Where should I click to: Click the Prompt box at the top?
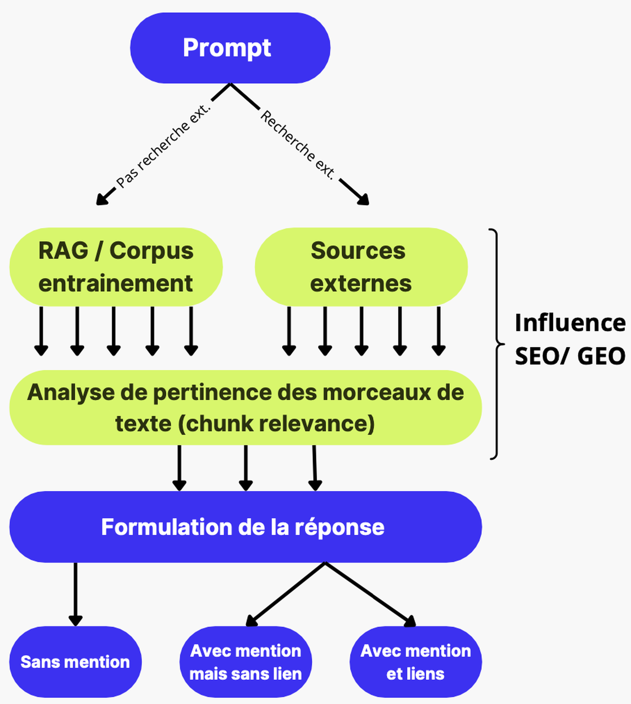(230, 48)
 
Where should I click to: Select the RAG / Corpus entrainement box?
(116, 267)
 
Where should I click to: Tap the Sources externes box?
(361, 267)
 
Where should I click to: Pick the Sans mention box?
(75, 662)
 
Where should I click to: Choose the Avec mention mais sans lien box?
(245, 662)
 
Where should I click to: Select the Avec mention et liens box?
(415, 662)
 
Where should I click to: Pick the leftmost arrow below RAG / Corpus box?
(41, 331)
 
